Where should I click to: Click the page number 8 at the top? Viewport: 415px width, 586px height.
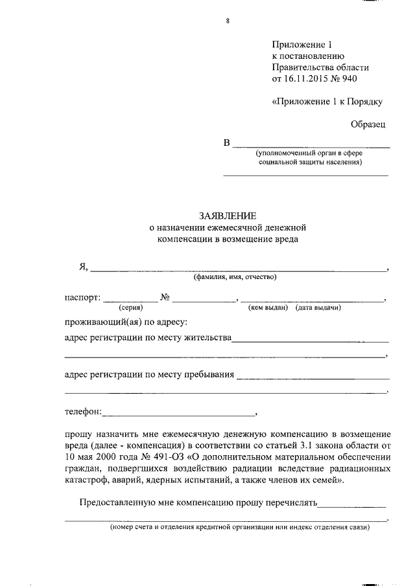click(x=228, y=21)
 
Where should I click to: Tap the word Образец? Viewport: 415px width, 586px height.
click(x=368, y=122)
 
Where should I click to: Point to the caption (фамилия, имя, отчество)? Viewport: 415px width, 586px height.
click(x=235, y=277)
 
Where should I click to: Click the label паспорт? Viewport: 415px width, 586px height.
click(x=82, y=298)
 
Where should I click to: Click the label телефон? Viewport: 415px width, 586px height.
click(x=83, y=411)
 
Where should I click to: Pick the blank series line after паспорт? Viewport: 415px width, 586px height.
click(x=130, y=300)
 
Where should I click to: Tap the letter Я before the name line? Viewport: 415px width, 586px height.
click(x=83, y=267)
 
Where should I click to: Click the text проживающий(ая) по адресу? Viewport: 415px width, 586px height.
click(x=126, y=321)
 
